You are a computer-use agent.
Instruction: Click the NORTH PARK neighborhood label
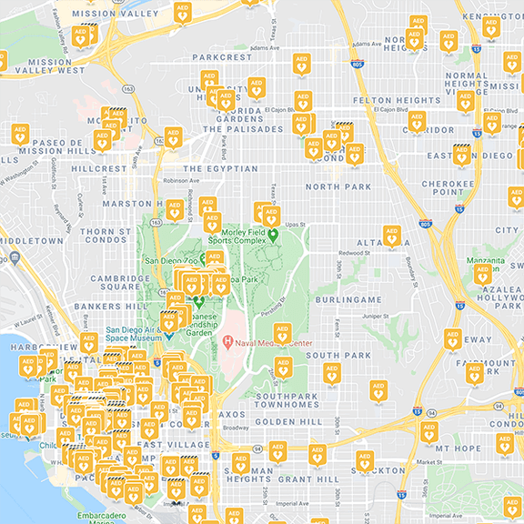[x=338, y=186]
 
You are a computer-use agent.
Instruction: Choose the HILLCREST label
[x=100, y=169]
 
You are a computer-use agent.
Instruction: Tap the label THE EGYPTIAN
[x=220, y=169]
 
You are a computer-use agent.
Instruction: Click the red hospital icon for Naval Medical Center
[x=227, y=343]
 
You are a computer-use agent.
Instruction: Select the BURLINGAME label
[x=349, y=299]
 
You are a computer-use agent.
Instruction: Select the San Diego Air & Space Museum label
[x=134, y=335]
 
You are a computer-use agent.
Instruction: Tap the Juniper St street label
[x=375, y=316]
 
